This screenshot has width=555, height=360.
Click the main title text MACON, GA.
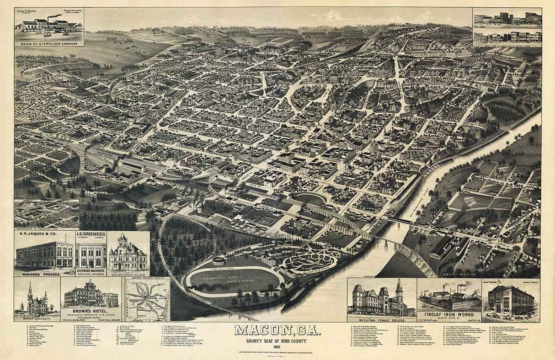(x=277, y=330)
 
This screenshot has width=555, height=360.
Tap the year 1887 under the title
(x=277, y=345)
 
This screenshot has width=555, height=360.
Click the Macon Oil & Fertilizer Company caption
(x=49, y=44)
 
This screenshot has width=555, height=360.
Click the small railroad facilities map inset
(x=147, y=299)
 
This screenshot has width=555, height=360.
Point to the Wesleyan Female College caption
(x=381, y=319)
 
